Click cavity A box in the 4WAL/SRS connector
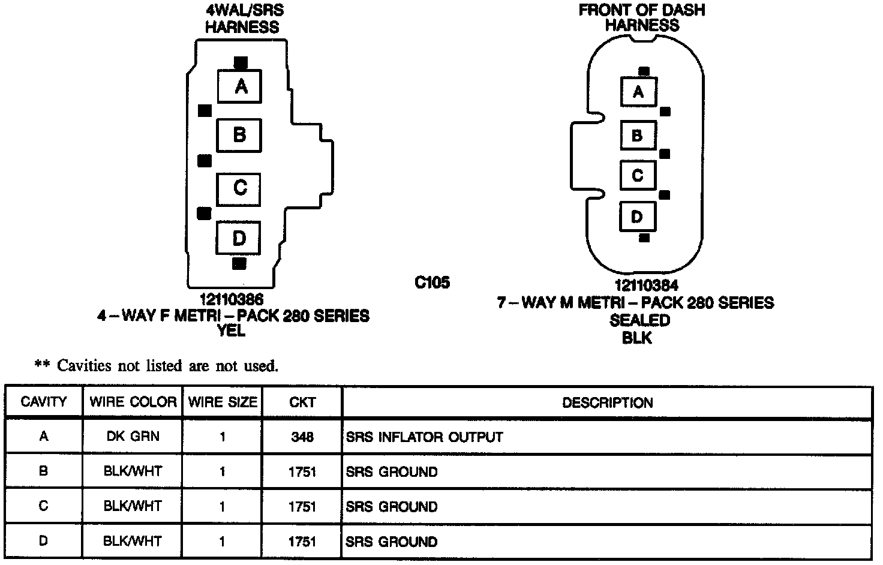[x=239, y=86]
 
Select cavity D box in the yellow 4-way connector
[x=238, y=238]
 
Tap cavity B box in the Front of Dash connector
[x=638, y=135]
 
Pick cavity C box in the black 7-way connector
[x=638, y=175]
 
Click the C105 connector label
[x=432, y=282]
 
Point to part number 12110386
[x=232, y=298]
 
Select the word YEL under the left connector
[x=232, y=330]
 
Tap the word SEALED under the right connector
[x=639, y=320]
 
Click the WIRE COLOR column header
[x=133, y=402]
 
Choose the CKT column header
[x=302, y=402]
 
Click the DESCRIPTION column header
[x=607, y=402]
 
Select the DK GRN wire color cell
[x=133, y=437]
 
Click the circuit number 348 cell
[x=302, y=437]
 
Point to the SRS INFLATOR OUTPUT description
[x=424, y=437]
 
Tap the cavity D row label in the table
[x=43, y=541]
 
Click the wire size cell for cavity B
[x=222, y=471]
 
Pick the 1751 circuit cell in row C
[x=302, y=506]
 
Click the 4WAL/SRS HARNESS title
[x=242, y=19]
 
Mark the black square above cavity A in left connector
[x=241, y=62]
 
